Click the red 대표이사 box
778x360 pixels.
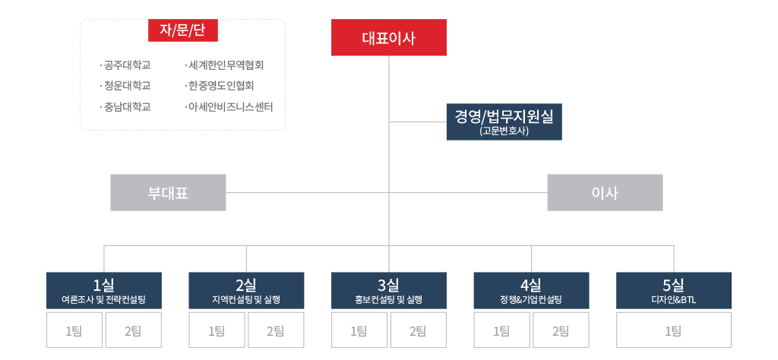[x=388, y=38]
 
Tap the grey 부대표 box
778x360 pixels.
[x=168, y=193]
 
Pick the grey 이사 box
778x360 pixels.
[x=605, y=193]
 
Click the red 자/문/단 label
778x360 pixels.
[x=183, y=30]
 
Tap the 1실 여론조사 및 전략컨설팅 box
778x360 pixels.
[x=103, y=291]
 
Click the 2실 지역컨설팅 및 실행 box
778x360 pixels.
[x=246, y=291]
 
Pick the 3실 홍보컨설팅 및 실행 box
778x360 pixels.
[x=388, y=291]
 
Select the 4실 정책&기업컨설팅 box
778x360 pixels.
[x=531, y=291]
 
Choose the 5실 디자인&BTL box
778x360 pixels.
[x=673, y=291]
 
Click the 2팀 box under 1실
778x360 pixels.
[x=132, y=330]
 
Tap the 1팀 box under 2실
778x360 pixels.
[x=217, y=330]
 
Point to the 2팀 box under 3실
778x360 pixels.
[x=417, y=330]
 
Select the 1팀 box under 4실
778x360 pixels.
[x=501, y=330]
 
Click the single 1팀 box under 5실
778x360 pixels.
[x=673, y=330]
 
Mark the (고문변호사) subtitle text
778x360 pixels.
[x=504, y=131]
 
